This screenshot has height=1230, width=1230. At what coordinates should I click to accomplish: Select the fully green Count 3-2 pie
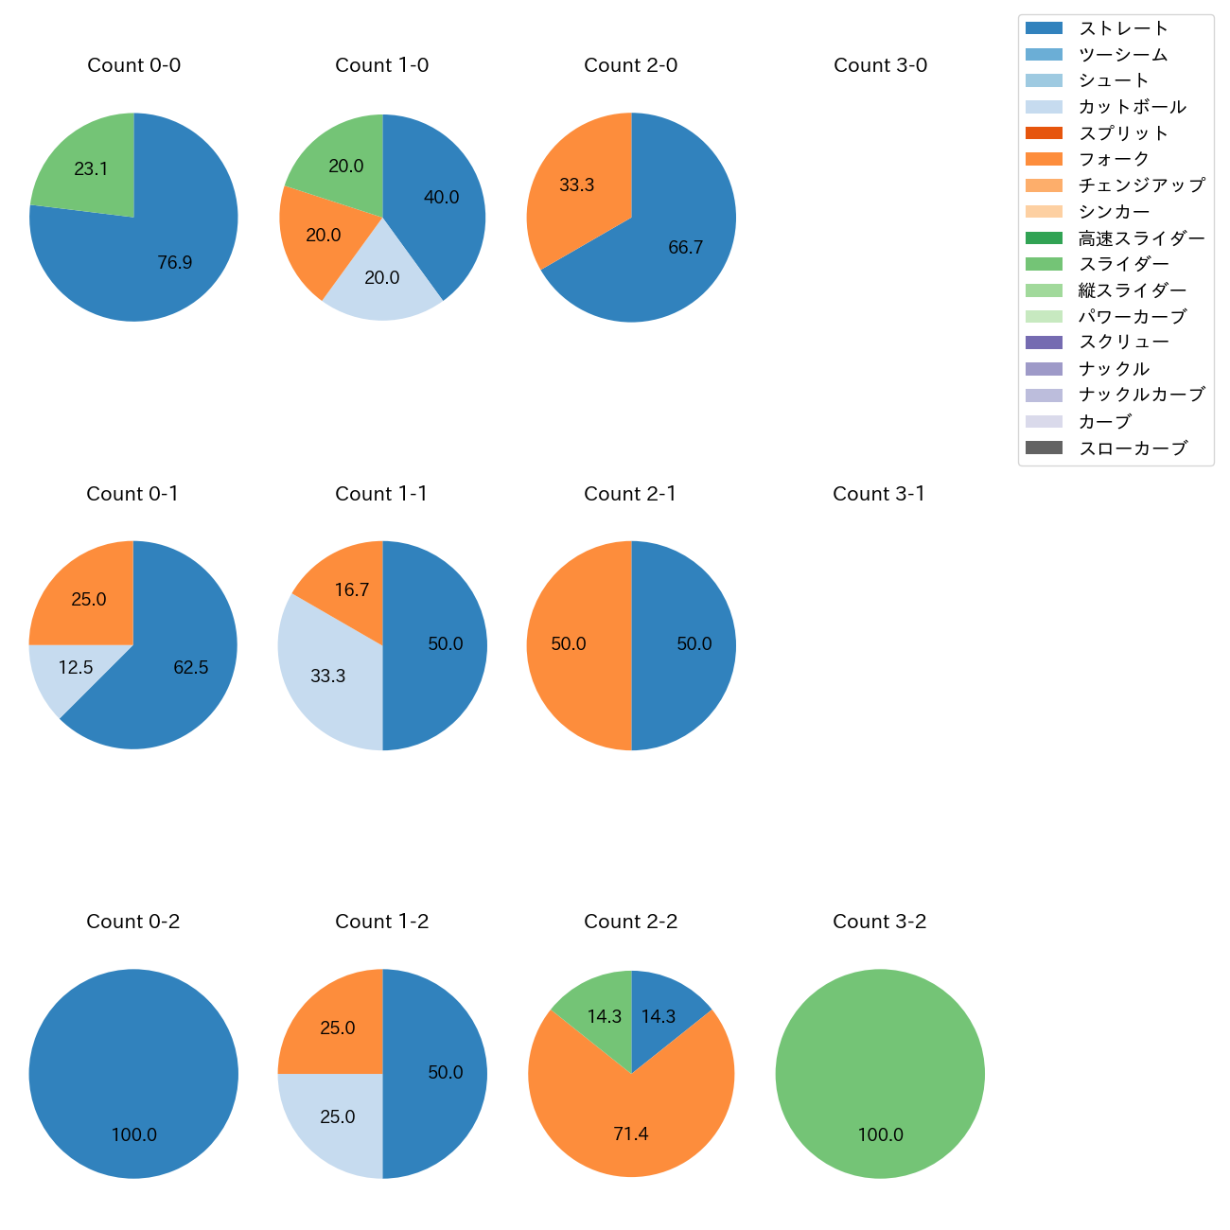point(880,1074)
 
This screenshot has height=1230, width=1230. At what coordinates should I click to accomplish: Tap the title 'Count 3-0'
point(880,65)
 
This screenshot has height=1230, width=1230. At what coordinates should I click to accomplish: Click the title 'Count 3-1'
point(879,494)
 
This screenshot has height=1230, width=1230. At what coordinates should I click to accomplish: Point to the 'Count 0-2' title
point(133,922)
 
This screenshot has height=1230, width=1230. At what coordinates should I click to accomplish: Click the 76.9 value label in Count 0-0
point(175,262)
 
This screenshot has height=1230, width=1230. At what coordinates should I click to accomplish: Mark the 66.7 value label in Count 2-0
point(686,248)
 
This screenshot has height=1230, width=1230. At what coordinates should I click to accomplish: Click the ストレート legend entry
point(1123,28)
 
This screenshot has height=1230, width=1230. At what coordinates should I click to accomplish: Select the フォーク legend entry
point(1114,159)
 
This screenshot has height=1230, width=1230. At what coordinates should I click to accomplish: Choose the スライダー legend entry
point(1123,264)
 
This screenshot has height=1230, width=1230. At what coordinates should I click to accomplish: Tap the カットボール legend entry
point(1132,107)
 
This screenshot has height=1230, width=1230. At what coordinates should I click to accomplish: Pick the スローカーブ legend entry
point(1133,448)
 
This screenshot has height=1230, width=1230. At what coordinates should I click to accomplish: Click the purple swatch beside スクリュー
point(1044,343)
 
